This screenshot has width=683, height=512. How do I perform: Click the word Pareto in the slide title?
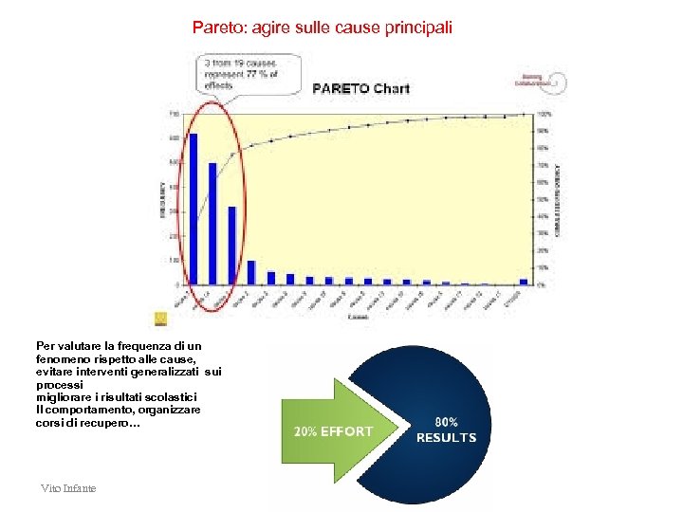(217, 27)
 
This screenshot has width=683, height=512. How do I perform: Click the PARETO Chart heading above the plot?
(361, 88)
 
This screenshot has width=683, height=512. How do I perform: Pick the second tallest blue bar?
(212, 224)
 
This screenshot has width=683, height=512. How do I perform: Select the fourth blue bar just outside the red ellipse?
(251, 272)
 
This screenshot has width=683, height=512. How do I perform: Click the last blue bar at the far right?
(523, 281)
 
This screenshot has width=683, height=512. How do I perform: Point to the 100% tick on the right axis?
(544, 114)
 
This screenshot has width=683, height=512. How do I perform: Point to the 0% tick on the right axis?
(542, 284)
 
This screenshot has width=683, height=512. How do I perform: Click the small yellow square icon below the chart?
(159, 320)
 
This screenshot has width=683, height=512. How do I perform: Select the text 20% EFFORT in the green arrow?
(333, 432)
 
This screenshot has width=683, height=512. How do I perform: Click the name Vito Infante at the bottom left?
(68, 487)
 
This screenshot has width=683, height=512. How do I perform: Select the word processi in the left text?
(60, 386)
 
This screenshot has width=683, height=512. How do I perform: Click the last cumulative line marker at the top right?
(524, 115)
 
